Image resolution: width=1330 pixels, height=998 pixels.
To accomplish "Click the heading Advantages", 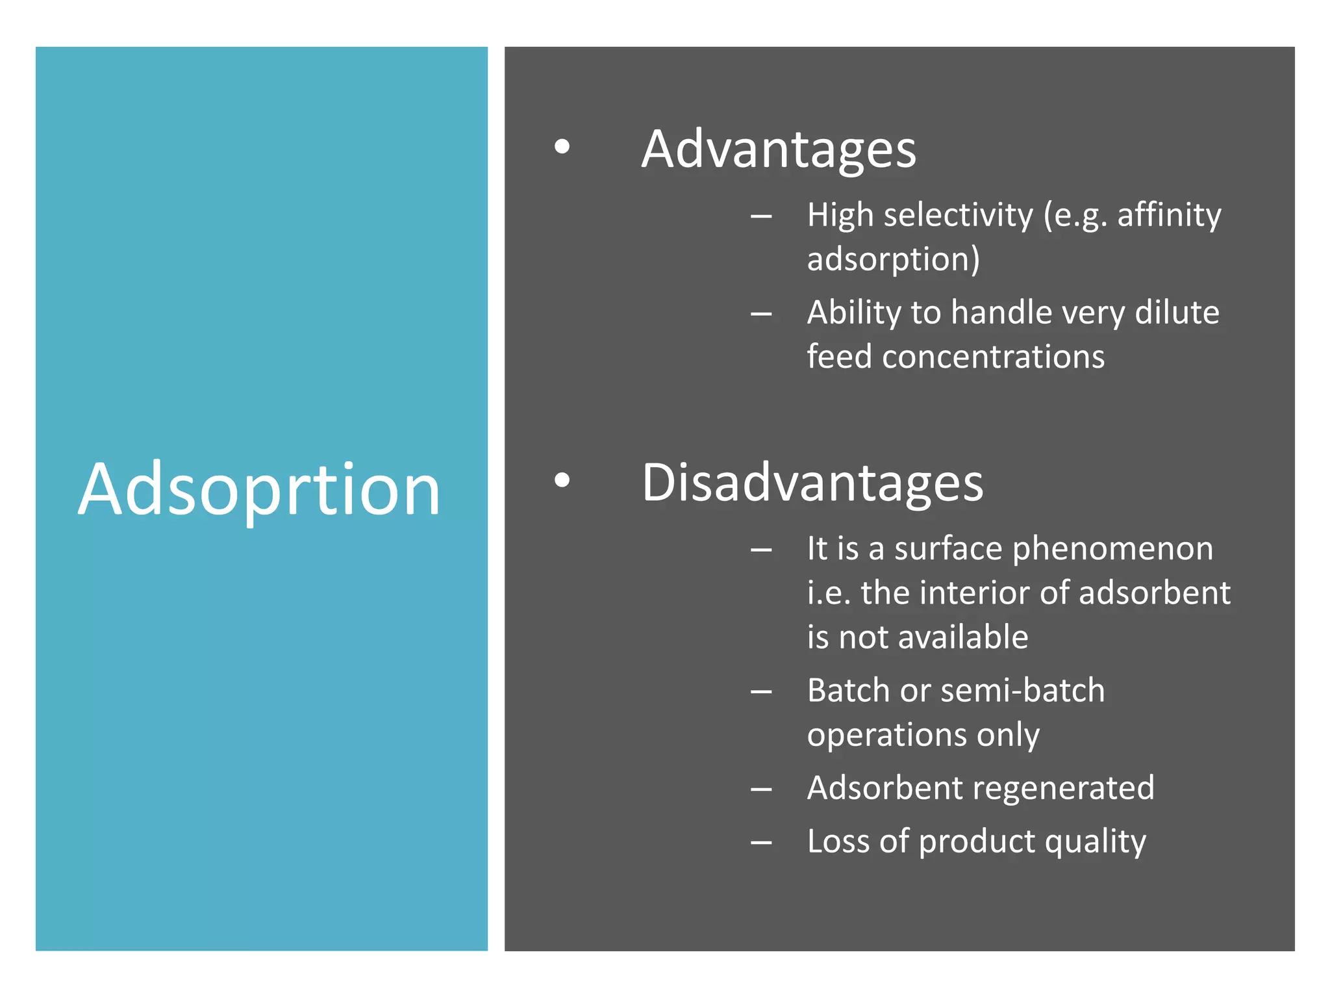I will (778, 149).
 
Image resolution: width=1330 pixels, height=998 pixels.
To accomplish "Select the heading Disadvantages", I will (812, 483).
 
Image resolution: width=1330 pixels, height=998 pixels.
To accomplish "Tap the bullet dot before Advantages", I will (562, 146).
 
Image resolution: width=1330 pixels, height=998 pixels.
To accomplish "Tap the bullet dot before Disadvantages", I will (562, 480).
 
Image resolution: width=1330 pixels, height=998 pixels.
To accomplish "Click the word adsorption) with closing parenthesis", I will (893, 259).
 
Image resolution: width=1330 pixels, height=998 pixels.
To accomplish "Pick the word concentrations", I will (993, 357).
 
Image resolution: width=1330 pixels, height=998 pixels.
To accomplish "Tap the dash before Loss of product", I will (760, 843).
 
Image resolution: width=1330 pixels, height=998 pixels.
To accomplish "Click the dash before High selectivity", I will (760, 216).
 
